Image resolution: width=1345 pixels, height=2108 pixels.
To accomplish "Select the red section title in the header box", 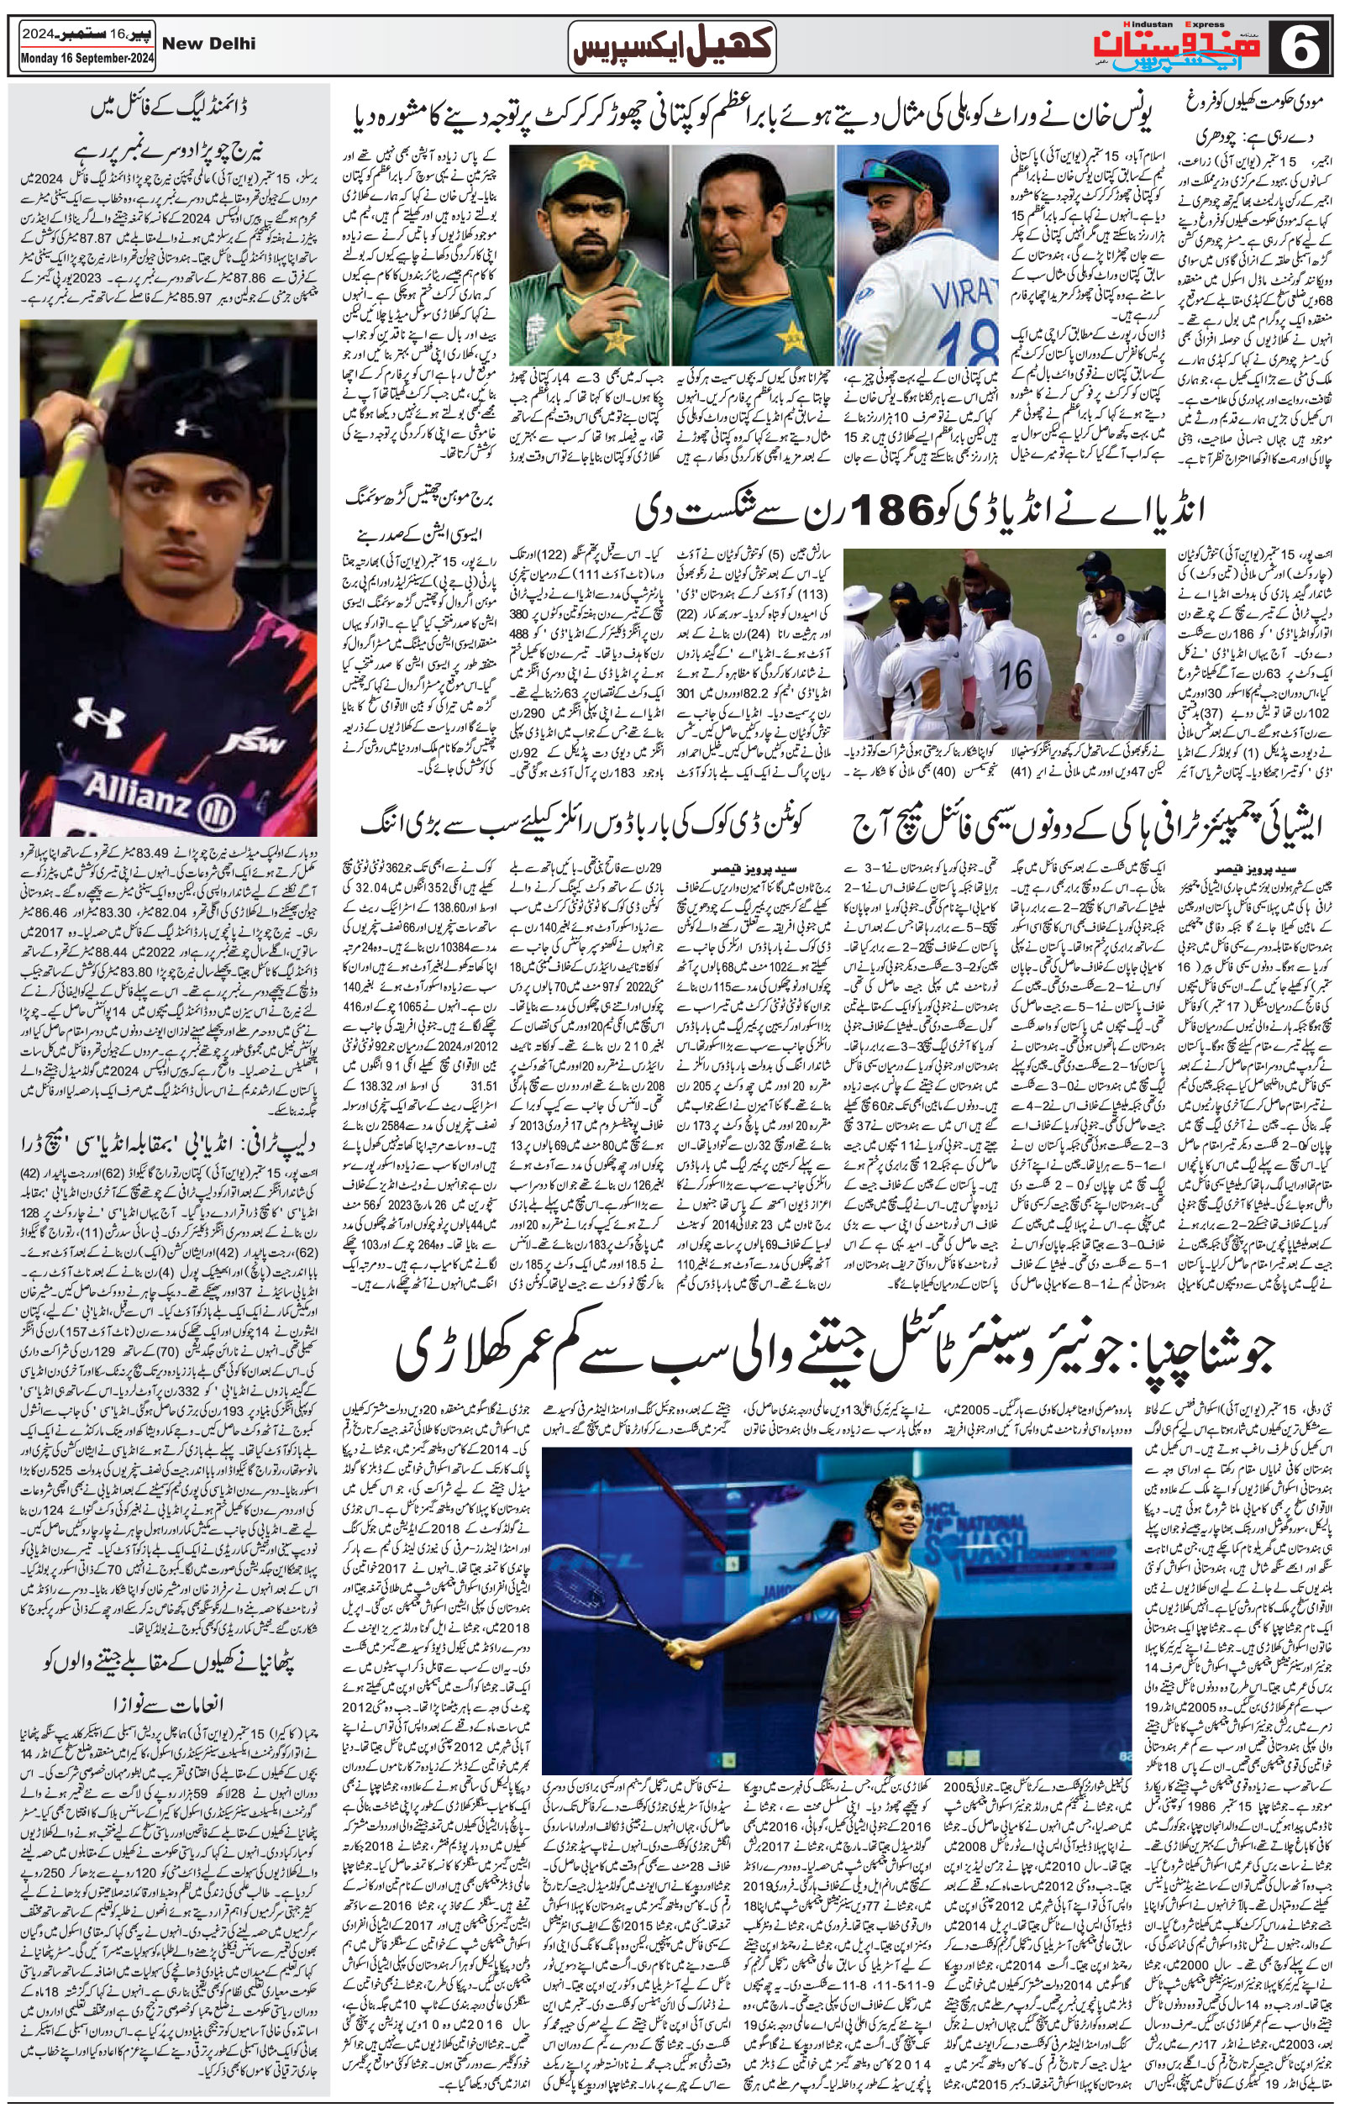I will coord(673,46).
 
